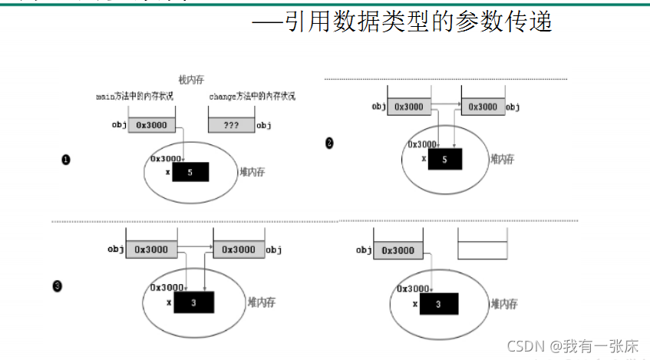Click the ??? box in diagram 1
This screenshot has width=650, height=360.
point(230,124)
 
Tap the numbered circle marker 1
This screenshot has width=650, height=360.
point(66,160)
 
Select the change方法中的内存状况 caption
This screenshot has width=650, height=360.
point(252,97)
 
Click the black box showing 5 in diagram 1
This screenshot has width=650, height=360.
point(190,173)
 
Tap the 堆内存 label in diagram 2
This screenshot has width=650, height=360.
point(502,159)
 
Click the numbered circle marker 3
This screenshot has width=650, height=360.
point(57,286)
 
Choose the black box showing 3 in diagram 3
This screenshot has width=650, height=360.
point(193,303)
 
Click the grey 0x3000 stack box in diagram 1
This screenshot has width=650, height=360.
point(151,124)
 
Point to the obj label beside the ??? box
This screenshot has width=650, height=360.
point(263,125)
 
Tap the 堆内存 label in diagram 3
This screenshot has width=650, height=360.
point(261,302)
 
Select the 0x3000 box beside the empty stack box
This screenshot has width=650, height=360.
point(398,251)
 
